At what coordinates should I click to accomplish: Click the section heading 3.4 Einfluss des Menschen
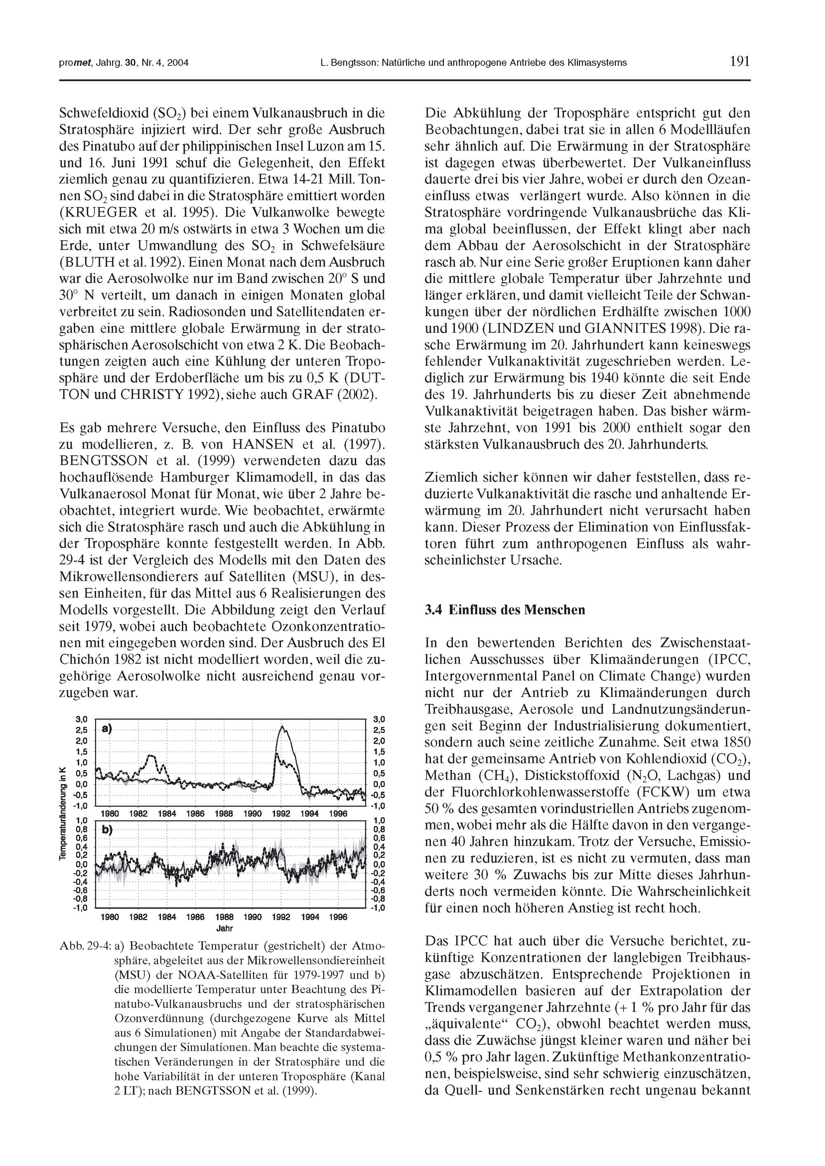point(504,610)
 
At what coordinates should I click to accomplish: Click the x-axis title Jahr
point(224,928)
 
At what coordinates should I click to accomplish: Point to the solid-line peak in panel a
point(283,727)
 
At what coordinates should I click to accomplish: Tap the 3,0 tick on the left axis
point(81,719)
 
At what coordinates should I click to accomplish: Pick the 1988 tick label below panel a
point(224,813)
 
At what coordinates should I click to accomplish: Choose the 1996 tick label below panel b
point(338,917)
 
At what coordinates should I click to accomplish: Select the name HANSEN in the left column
point(263,444)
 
